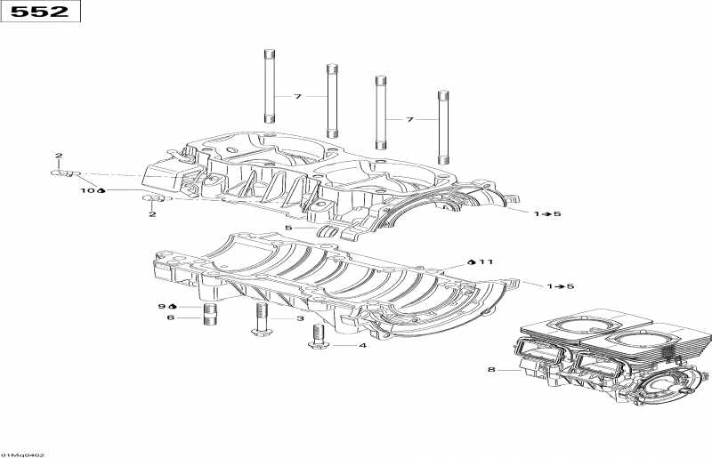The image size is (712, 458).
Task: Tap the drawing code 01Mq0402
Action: point(23,454)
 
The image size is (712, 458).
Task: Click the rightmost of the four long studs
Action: point(441,128)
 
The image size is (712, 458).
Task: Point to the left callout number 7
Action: point(299,95)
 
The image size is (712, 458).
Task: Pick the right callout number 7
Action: point(410,119)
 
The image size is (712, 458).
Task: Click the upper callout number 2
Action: point(59,157)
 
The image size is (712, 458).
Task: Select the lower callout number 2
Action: point(152,213)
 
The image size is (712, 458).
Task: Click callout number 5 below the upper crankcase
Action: point(287,229)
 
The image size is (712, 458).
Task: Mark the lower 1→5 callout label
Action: point(560,286)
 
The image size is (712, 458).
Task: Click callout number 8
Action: point(489,369)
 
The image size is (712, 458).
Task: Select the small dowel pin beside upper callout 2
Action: point(66,174)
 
